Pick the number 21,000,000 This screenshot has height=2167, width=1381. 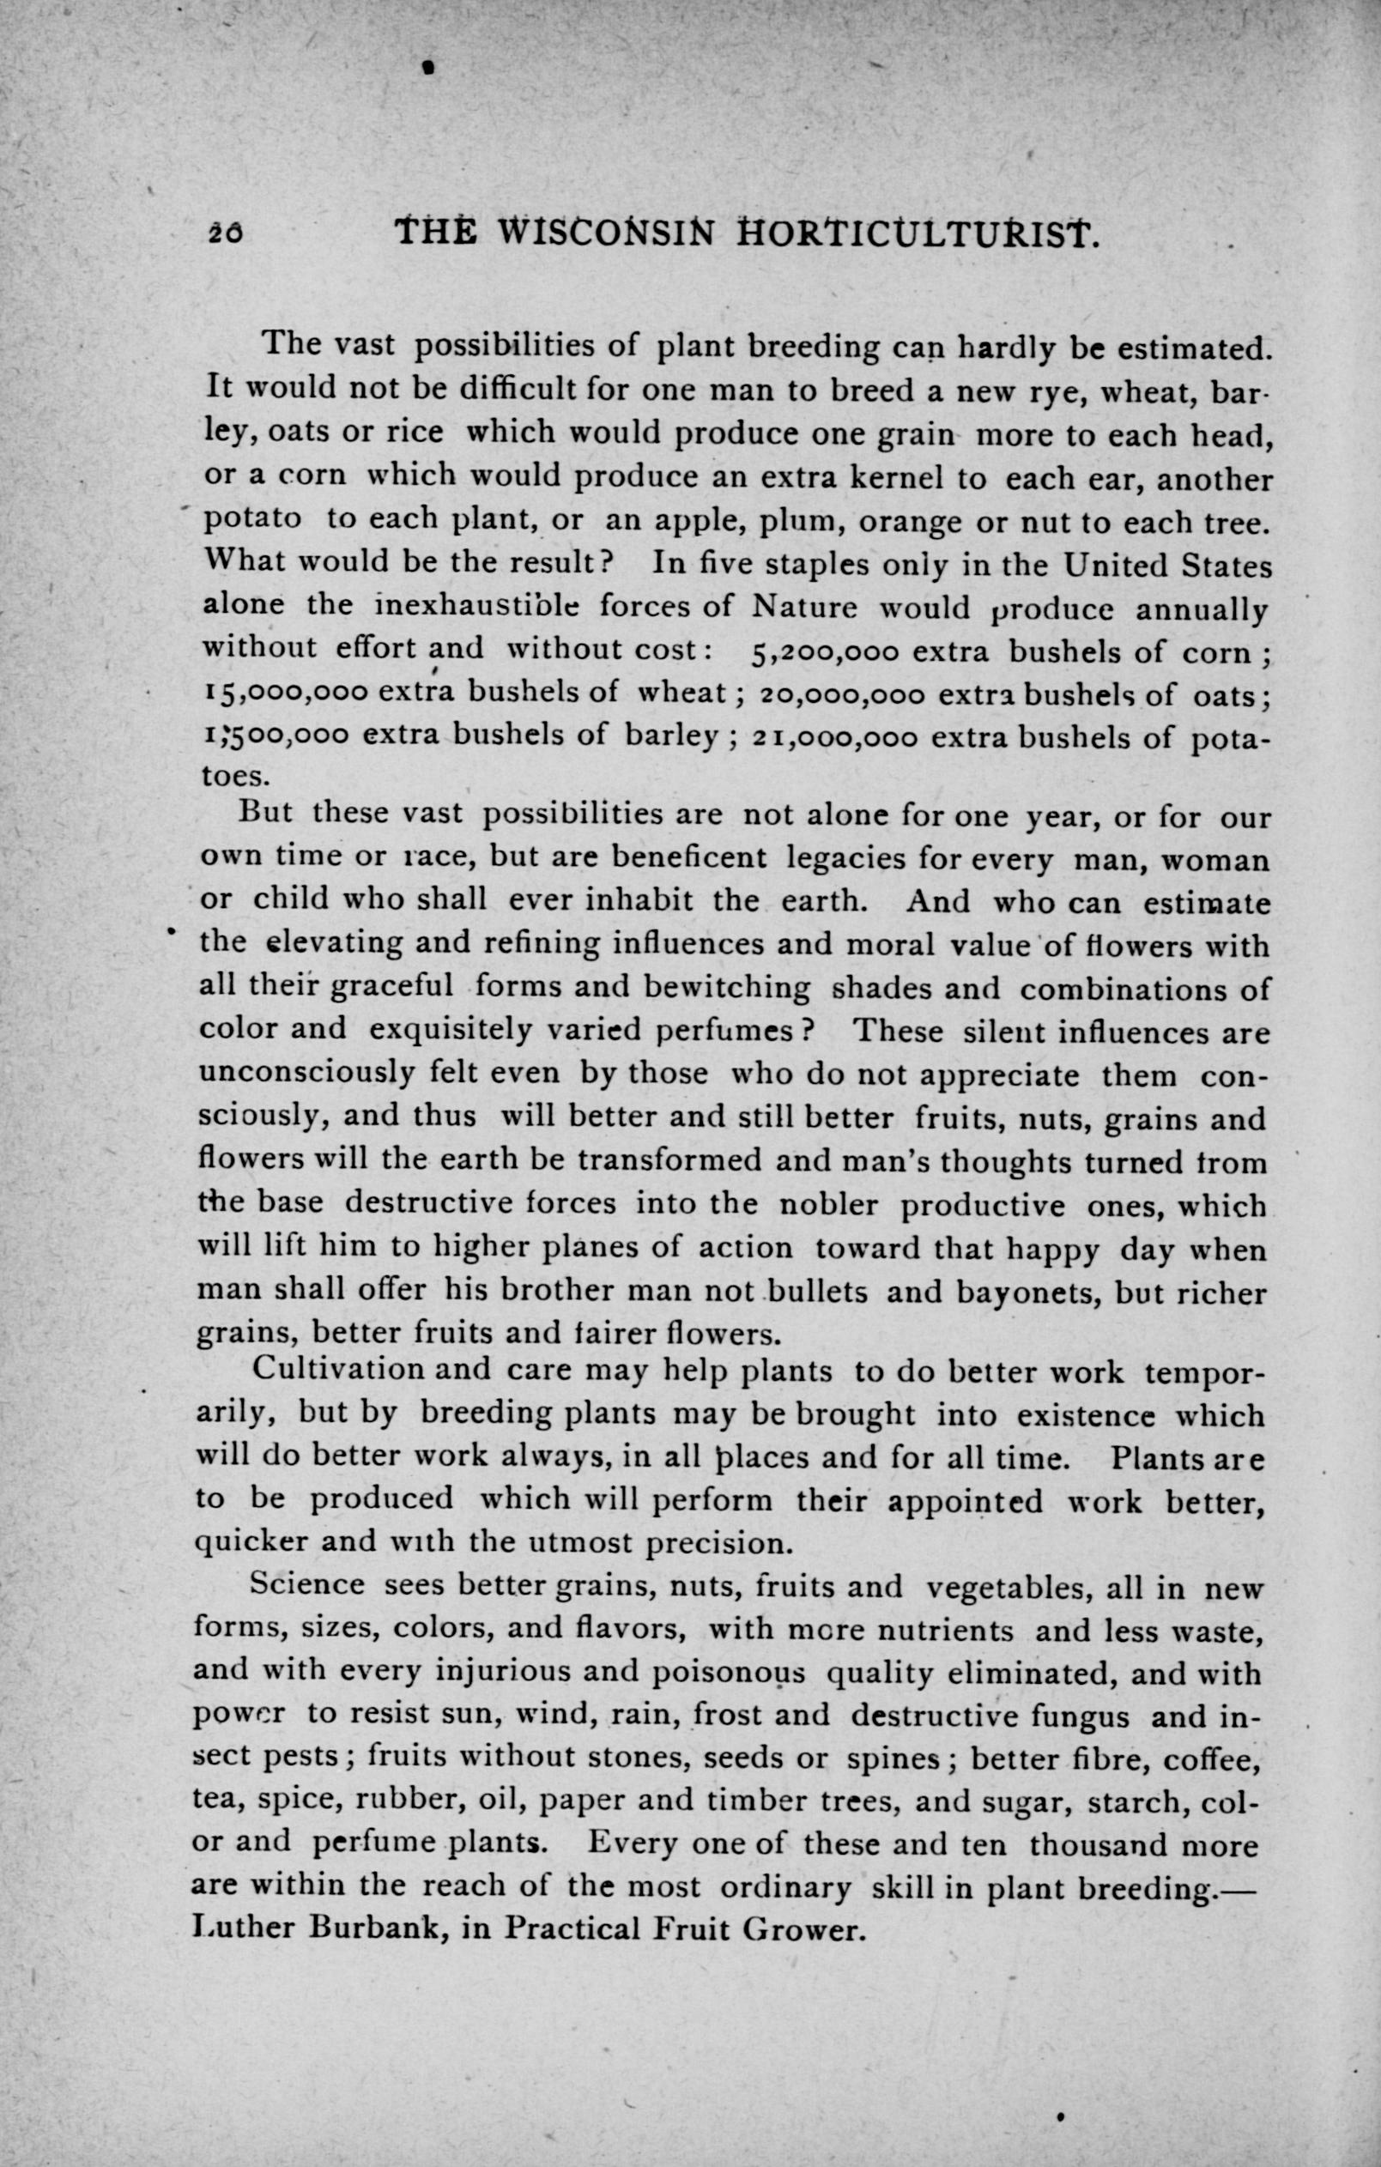point(833,738)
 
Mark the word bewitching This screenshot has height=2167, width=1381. point(728,988)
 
